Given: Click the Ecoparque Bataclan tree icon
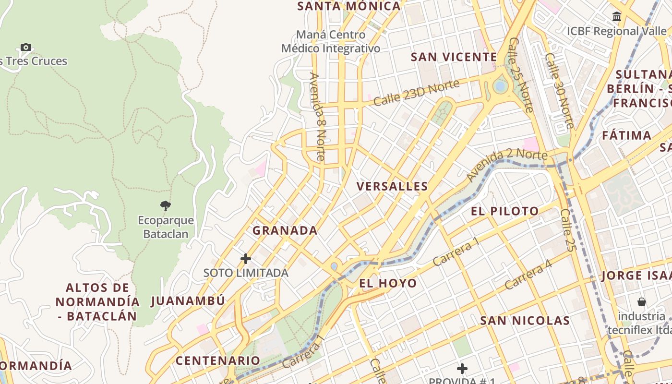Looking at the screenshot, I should pyautogui.click(x=165, y=206).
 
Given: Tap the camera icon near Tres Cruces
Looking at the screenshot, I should pyautogui.click(x=26, y=47).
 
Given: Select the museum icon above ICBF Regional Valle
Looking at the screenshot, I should pyautogui.click(x=617, y=17).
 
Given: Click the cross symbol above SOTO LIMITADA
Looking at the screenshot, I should pyautogui.click(x=246, y=259).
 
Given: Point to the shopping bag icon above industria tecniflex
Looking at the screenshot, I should pyautogui.click(x=641, y=302).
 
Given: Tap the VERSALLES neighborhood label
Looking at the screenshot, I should pyautogui.click(x=392, y=186).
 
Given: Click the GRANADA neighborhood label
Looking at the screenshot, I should pyautogui.click(x=285, y=230).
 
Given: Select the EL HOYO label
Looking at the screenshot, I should pyautogui.click(x=388, y=283).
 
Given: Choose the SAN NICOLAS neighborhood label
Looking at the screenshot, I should pyautogui.click(x=525, y=321).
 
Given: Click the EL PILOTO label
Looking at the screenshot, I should pyautogui.click(x=504, y=211).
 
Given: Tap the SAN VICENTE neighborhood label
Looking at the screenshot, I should pyautogui.click(x=454, y=57).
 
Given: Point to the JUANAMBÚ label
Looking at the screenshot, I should pyautogui.click(x=188, y=301).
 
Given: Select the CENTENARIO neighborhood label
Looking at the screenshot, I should pyautogui.click(x=218, y=360).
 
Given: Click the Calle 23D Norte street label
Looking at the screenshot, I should pyautogui.click(x=416, y=93).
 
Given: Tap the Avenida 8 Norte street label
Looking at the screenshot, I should pyautogui.click(x=317, y=116).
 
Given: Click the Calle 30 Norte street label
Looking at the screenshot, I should pyautogui.click(x=559, y=90).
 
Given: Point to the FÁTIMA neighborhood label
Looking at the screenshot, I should pyautogui.click(x=626, y=135).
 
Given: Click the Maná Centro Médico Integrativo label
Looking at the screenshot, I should pyautogui.click(x=331, y=41).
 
